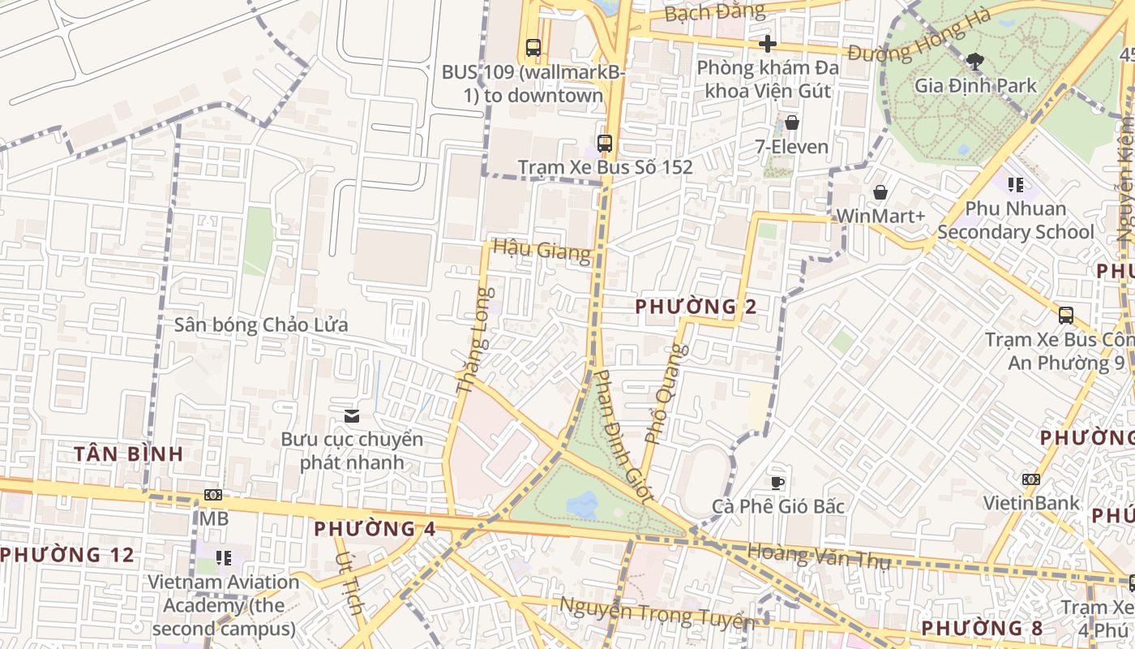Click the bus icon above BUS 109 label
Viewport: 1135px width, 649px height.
(533, 48)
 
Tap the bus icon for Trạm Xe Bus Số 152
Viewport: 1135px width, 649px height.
(604, 144)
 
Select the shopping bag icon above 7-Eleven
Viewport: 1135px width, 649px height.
(792, 123)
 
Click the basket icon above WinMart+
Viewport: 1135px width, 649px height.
(880, 192)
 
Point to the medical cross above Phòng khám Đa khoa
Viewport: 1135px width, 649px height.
(768, 44)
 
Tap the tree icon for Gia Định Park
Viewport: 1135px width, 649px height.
(974, 62)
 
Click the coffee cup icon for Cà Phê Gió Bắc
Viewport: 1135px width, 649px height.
(777, 483)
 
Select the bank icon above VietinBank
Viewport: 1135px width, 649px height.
(1030, 479)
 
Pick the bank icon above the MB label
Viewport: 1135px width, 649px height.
(213, 494)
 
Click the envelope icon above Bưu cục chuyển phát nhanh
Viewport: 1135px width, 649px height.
(351, 416)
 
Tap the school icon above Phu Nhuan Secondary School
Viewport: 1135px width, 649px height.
(1015, 185)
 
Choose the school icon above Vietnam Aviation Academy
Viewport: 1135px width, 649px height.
(223, 558)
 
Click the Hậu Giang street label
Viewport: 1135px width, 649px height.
(542, 250)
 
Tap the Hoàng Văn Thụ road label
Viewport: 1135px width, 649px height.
(819, 557)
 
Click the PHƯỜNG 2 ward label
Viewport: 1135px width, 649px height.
(696, 307)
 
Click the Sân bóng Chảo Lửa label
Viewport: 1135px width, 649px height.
(261, 325)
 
